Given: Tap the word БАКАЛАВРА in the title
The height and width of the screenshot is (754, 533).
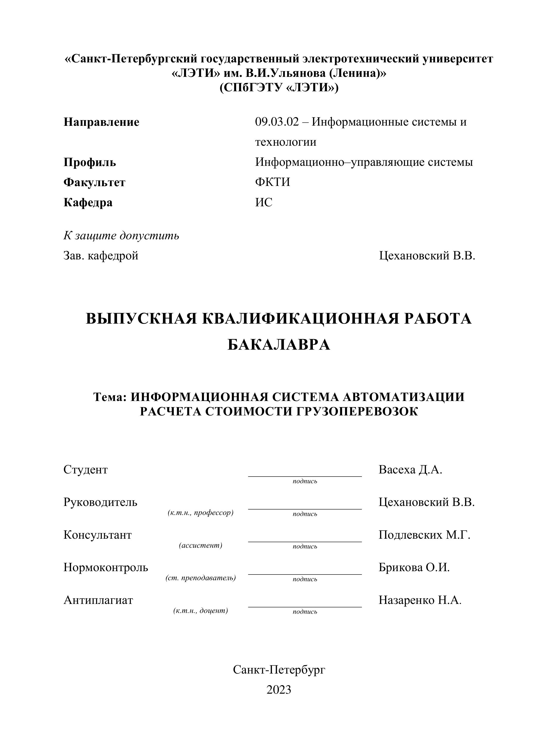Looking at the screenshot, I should click(279, 345).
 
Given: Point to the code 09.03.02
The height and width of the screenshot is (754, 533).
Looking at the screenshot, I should click(277, 122).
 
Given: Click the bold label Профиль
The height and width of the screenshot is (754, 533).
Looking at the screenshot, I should click(90, 162).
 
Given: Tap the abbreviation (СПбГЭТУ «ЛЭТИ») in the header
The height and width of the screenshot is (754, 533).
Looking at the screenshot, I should click(279, 88).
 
